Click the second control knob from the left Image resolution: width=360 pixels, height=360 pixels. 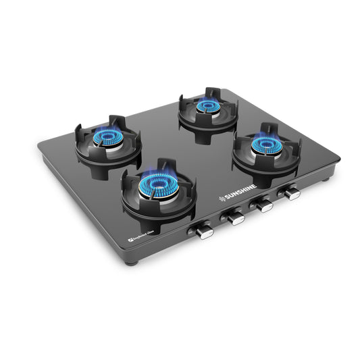tap(234, 217)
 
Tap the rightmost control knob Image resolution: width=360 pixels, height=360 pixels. tap(291, 193)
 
